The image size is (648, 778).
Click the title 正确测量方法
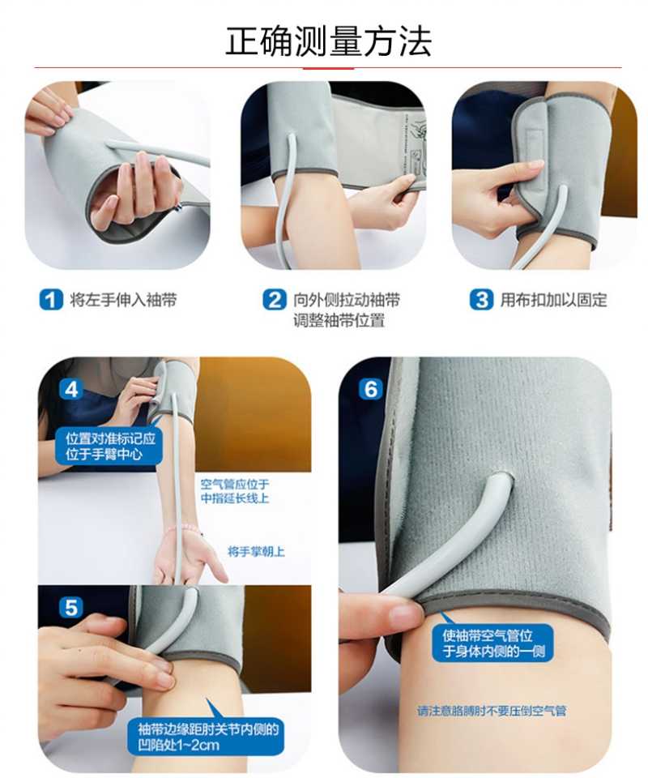[328, 41]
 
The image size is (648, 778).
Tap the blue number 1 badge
[51, 300]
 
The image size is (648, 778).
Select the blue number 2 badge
[275, 300]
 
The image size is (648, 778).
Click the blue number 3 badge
[482, 300]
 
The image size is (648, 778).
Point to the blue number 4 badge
[72, 389]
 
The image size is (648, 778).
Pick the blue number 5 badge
[72, 607]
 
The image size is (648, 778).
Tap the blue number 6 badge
[371, 389]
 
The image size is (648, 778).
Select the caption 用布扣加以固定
[553, 300]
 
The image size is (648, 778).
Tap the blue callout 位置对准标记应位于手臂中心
[110, 446]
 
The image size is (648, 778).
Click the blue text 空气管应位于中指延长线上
[235, 491]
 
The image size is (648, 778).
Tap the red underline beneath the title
[328, 68]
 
